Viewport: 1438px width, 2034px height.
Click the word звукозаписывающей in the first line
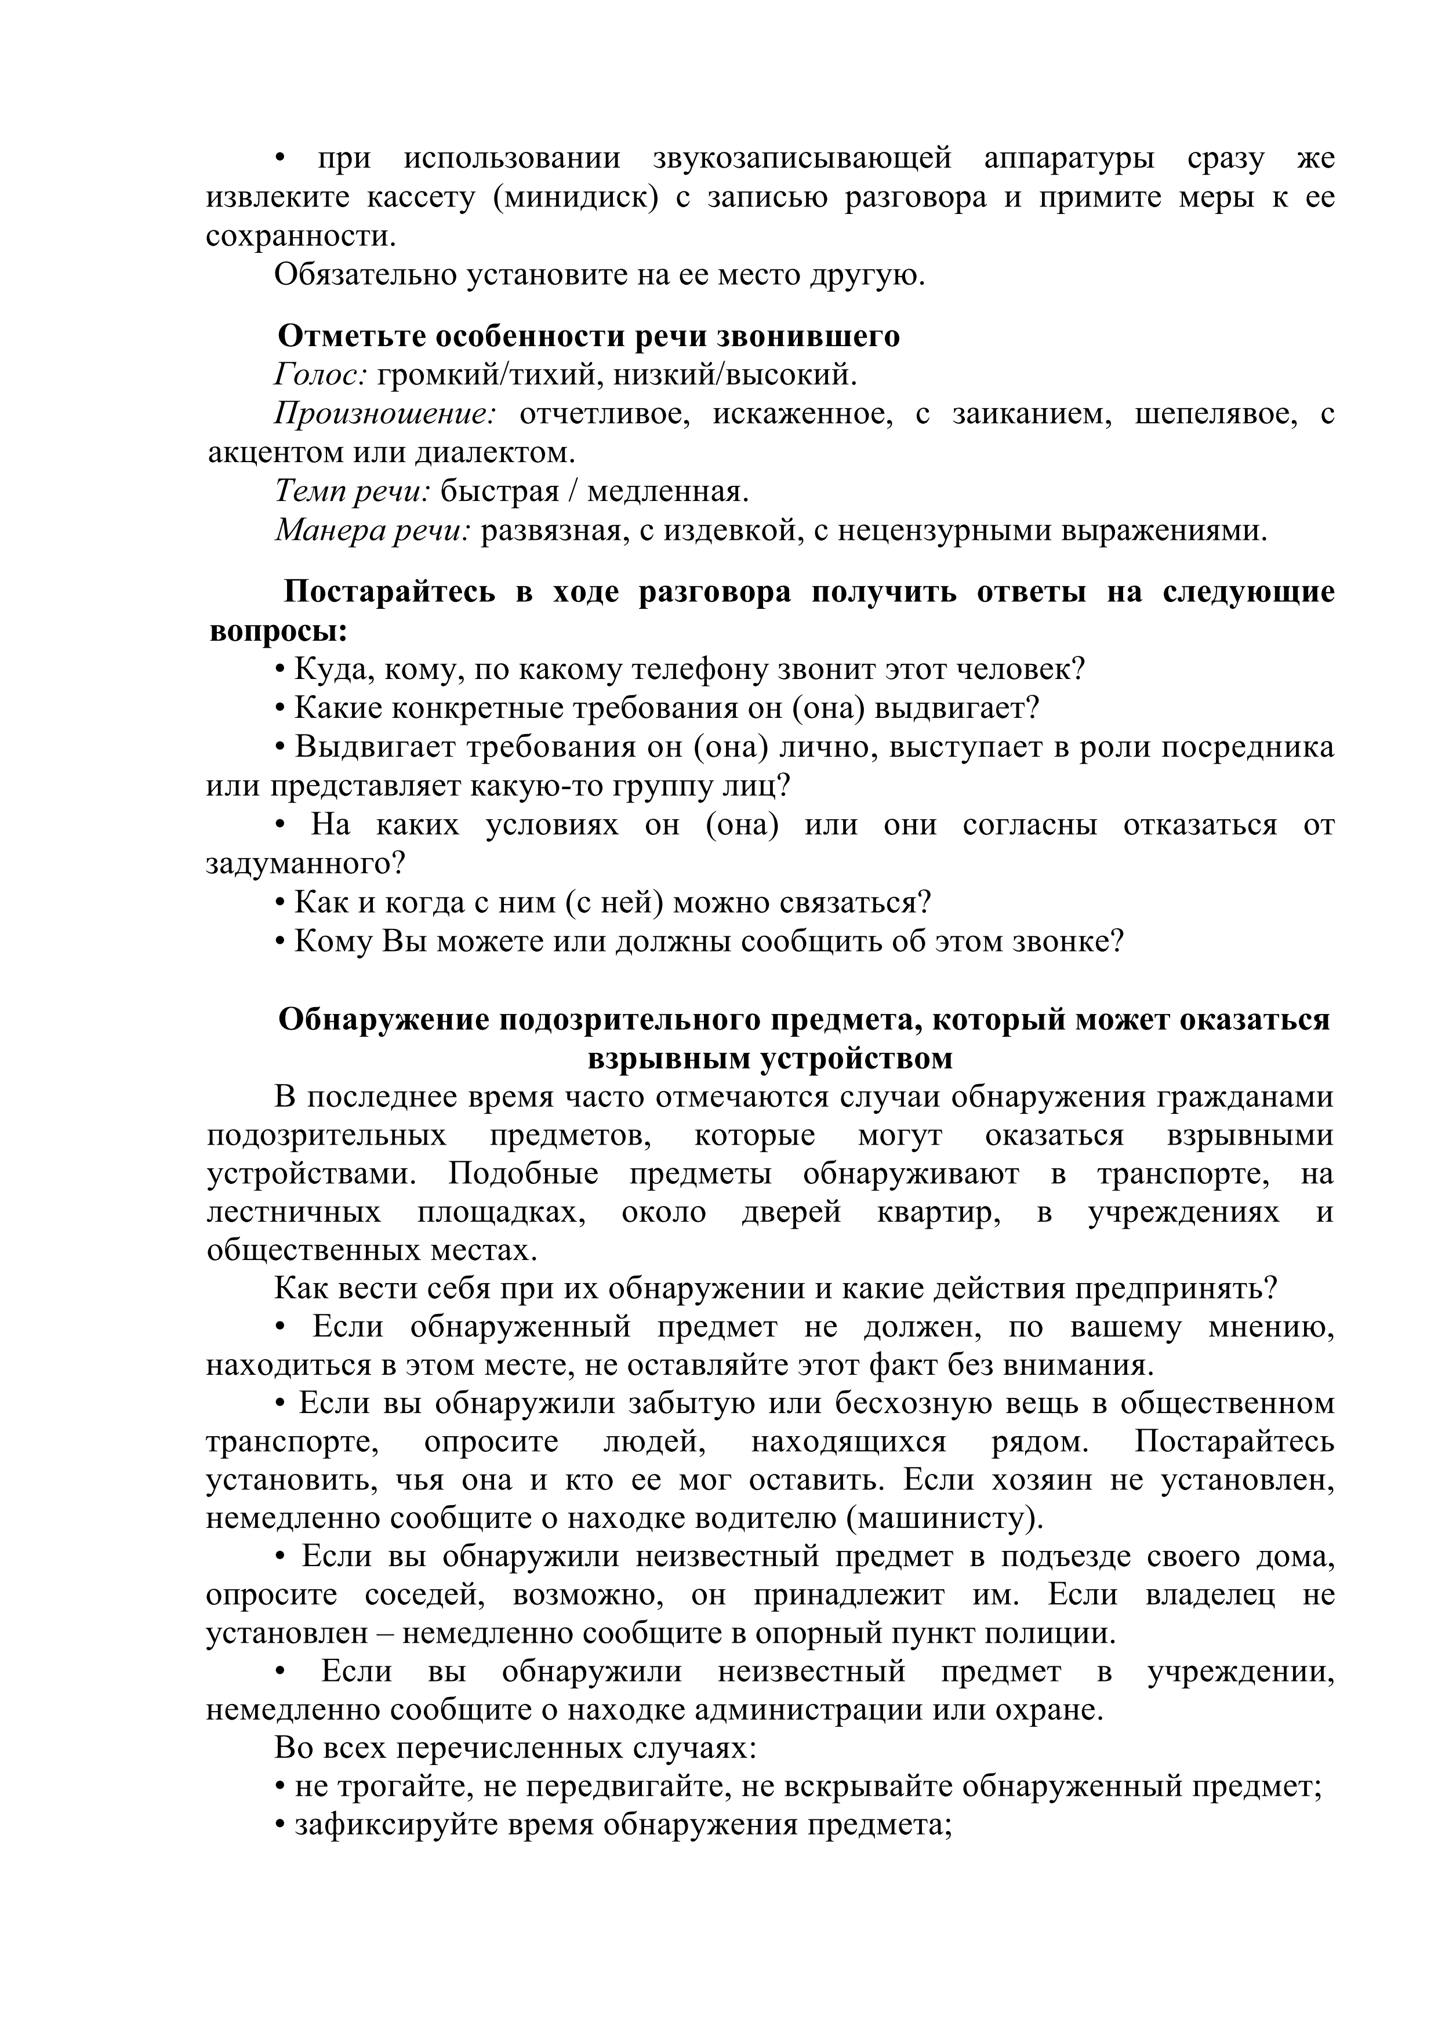(802, 158)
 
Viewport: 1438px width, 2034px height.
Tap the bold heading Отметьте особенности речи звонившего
(589, 337)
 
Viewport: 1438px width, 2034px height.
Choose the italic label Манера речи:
(372, 530)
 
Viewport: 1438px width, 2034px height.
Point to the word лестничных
(293, 1212)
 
